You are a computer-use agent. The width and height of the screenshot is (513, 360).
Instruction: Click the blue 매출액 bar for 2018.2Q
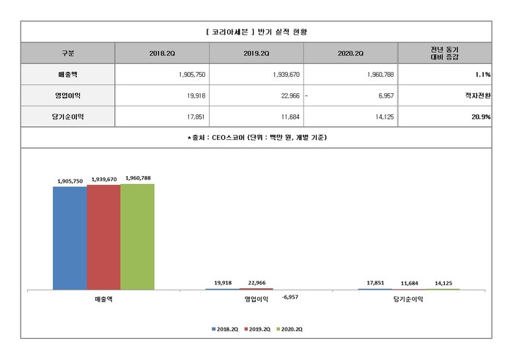point(69,238)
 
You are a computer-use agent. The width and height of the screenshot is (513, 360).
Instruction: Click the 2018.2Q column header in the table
point(162,54)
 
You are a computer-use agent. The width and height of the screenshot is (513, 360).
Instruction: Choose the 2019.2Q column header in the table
point(256,54)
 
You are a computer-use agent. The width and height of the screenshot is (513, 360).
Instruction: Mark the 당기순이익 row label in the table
point(67,117)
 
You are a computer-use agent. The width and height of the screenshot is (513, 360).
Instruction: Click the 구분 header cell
point(67,54)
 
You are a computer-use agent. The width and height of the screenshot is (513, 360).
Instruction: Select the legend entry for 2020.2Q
point(289,330)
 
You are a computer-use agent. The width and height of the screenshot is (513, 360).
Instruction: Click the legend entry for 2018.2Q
point(223,330)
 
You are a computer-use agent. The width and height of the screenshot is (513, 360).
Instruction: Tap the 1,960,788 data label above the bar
point(138,177)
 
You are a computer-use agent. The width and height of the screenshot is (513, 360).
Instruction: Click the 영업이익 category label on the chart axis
point(256,299)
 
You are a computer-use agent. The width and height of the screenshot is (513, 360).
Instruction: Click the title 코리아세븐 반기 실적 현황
point(256,32)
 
